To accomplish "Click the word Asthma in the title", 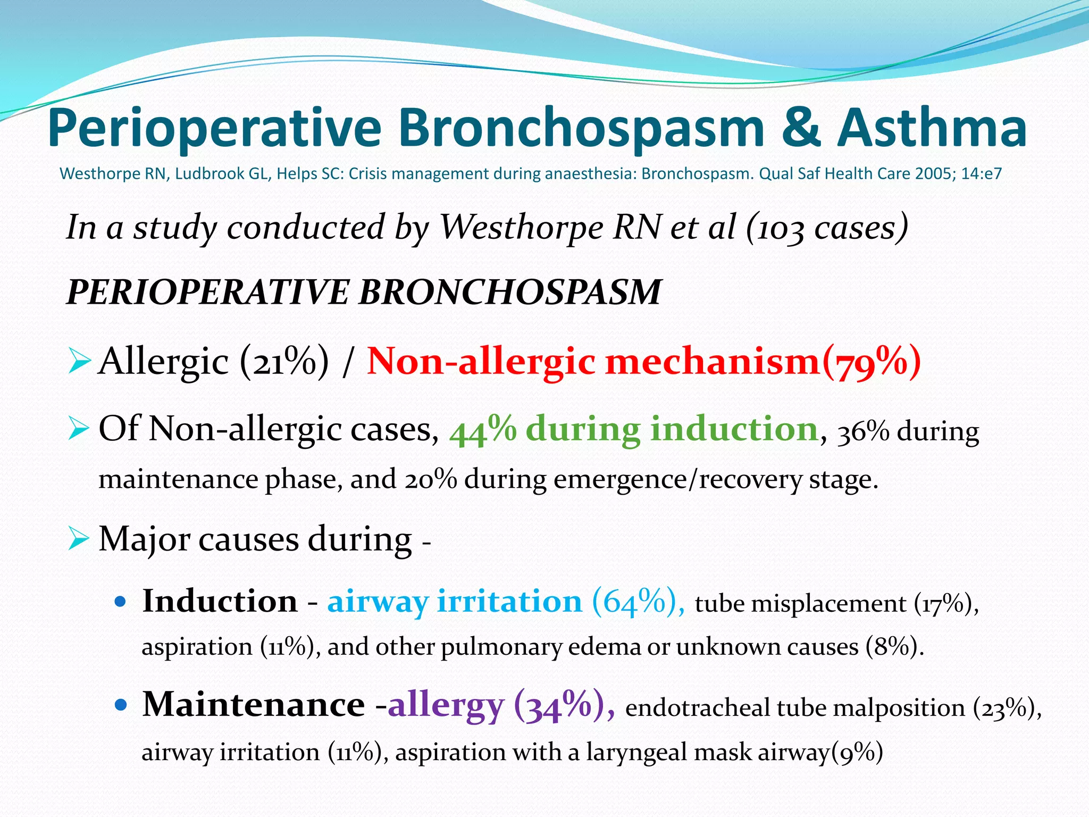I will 932,129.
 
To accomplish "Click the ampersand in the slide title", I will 801,129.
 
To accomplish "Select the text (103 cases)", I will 827,228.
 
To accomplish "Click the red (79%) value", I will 872,362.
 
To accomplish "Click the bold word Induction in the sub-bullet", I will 220,602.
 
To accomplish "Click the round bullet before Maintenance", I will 121,706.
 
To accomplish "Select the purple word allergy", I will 446,706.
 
